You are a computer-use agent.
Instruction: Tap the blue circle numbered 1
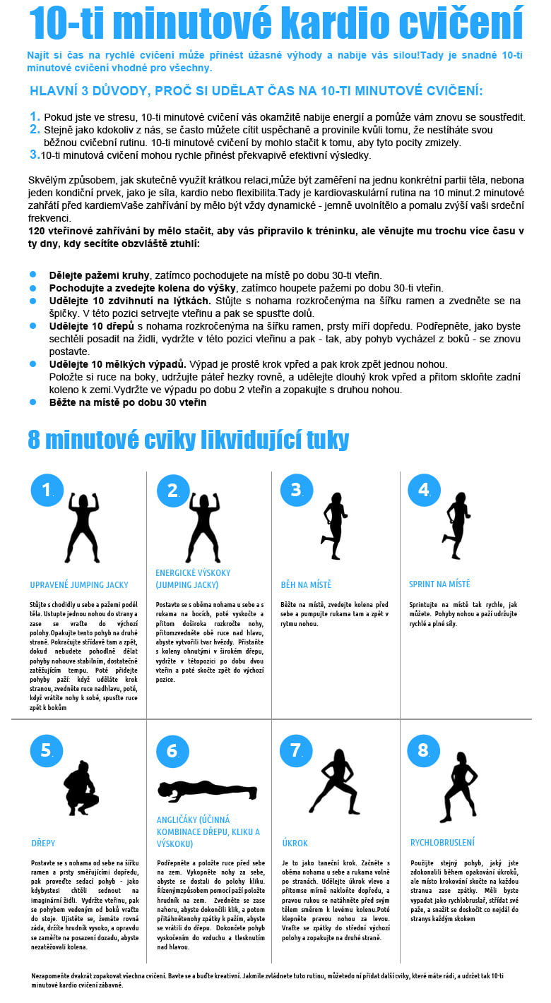pos(47,490)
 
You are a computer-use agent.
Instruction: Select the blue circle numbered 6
pos(173,751)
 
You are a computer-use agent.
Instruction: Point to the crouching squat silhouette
pos(81,788)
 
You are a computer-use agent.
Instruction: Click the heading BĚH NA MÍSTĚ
pos(306,584)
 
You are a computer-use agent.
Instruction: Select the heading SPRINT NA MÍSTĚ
pos(439,584)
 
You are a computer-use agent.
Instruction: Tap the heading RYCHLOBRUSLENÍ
pos(442,842)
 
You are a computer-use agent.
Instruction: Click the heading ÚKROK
pos(295,843)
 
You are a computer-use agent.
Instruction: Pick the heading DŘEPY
pos(43,843)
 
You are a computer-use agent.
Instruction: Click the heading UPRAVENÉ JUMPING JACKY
pos(79,584)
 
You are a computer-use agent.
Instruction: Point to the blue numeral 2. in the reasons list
pos(35,129)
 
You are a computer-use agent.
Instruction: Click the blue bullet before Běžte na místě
pos(32,402)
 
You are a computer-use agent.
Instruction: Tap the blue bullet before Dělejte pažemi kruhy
pos(32,275)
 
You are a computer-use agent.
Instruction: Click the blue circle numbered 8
pos(423,750)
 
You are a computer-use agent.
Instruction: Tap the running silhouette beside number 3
pos(333,526)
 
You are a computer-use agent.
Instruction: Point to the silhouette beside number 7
pos(335,781)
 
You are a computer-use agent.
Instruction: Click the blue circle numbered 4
pos(425,490)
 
